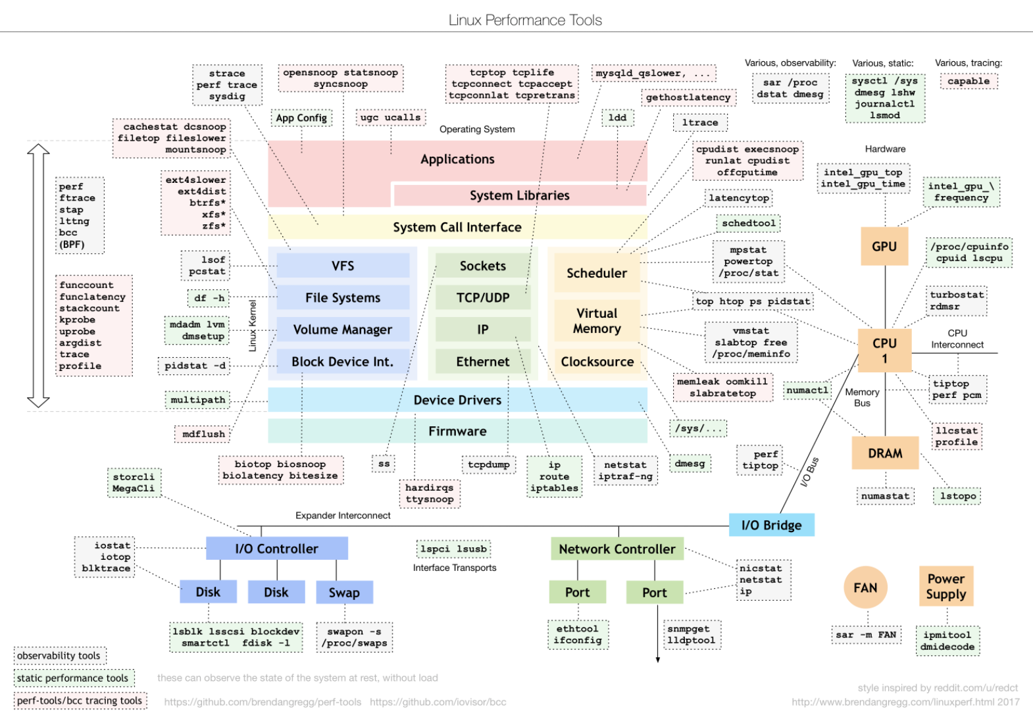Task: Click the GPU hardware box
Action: pyautogui.click(x=884, y=246)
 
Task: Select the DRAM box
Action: pyautogui.click(x=885, y=453)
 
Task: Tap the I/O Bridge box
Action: pyautogui.click(x=772, y=525)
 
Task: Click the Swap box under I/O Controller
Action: pyautogui.click(x=345, y=592)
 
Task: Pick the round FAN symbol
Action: pyautogui.click(x=865, y=587)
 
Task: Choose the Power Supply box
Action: pyautogui.click(x=946, y=586)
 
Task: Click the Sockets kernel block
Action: pyautogui.click(x=483, y=266)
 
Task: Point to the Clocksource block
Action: pyautogui.click(x=597, y=362)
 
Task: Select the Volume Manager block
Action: pyautogui.click(x=343, y=329)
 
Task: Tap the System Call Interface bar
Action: pyautogui.click(x=457, y=227)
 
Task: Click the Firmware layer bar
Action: pyautogui.click(x=457, y=431)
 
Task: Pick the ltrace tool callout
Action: pyautogui.click(x=700, y=122)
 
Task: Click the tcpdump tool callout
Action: pyautogui.click(x=489, y=464)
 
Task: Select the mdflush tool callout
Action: pyautogui.click(x=203, y=434)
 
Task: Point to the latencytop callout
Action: pyautogui.click(x=739, y=198)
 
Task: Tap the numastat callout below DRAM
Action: pyautogui.click(x=886, y=496)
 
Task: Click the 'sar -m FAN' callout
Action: pyautogui.click(x=866, y=635)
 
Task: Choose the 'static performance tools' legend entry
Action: pyautogui.click(x=74, y=678)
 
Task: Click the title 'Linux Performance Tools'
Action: pyautogui.click(x=525, y=20)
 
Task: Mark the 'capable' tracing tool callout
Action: pyautogui.click(x=969, y=81)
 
